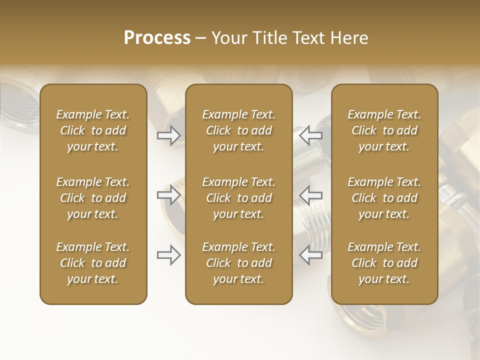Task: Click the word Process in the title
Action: click(157, 38)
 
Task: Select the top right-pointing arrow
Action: click(169, 135)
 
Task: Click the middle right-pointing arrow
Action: click(169, 195)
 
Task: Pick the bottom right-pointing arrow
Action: click(169, 255)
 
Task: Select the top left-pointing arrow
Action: click(310, 135)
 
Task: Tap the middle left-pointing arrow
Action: click(310, 195)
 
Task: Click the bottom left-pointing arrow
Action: click(310, 255)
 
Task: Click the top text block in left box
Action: click(93, 130)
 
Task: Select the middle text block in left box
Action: click(93, 198)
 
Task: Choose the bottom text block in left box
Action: click(93, 263)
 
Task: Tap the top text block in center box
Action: click(238, 130)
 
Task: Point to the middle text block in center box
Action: click(238, 198)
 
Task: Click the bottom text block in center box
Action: click(238, 263)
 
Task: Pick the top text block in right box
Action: click(384, 130)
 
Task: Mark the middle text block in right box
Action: click(384, 198)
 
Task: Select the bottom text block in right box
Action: click(384, 263)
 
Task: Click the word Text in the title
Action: click(306, 38)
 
